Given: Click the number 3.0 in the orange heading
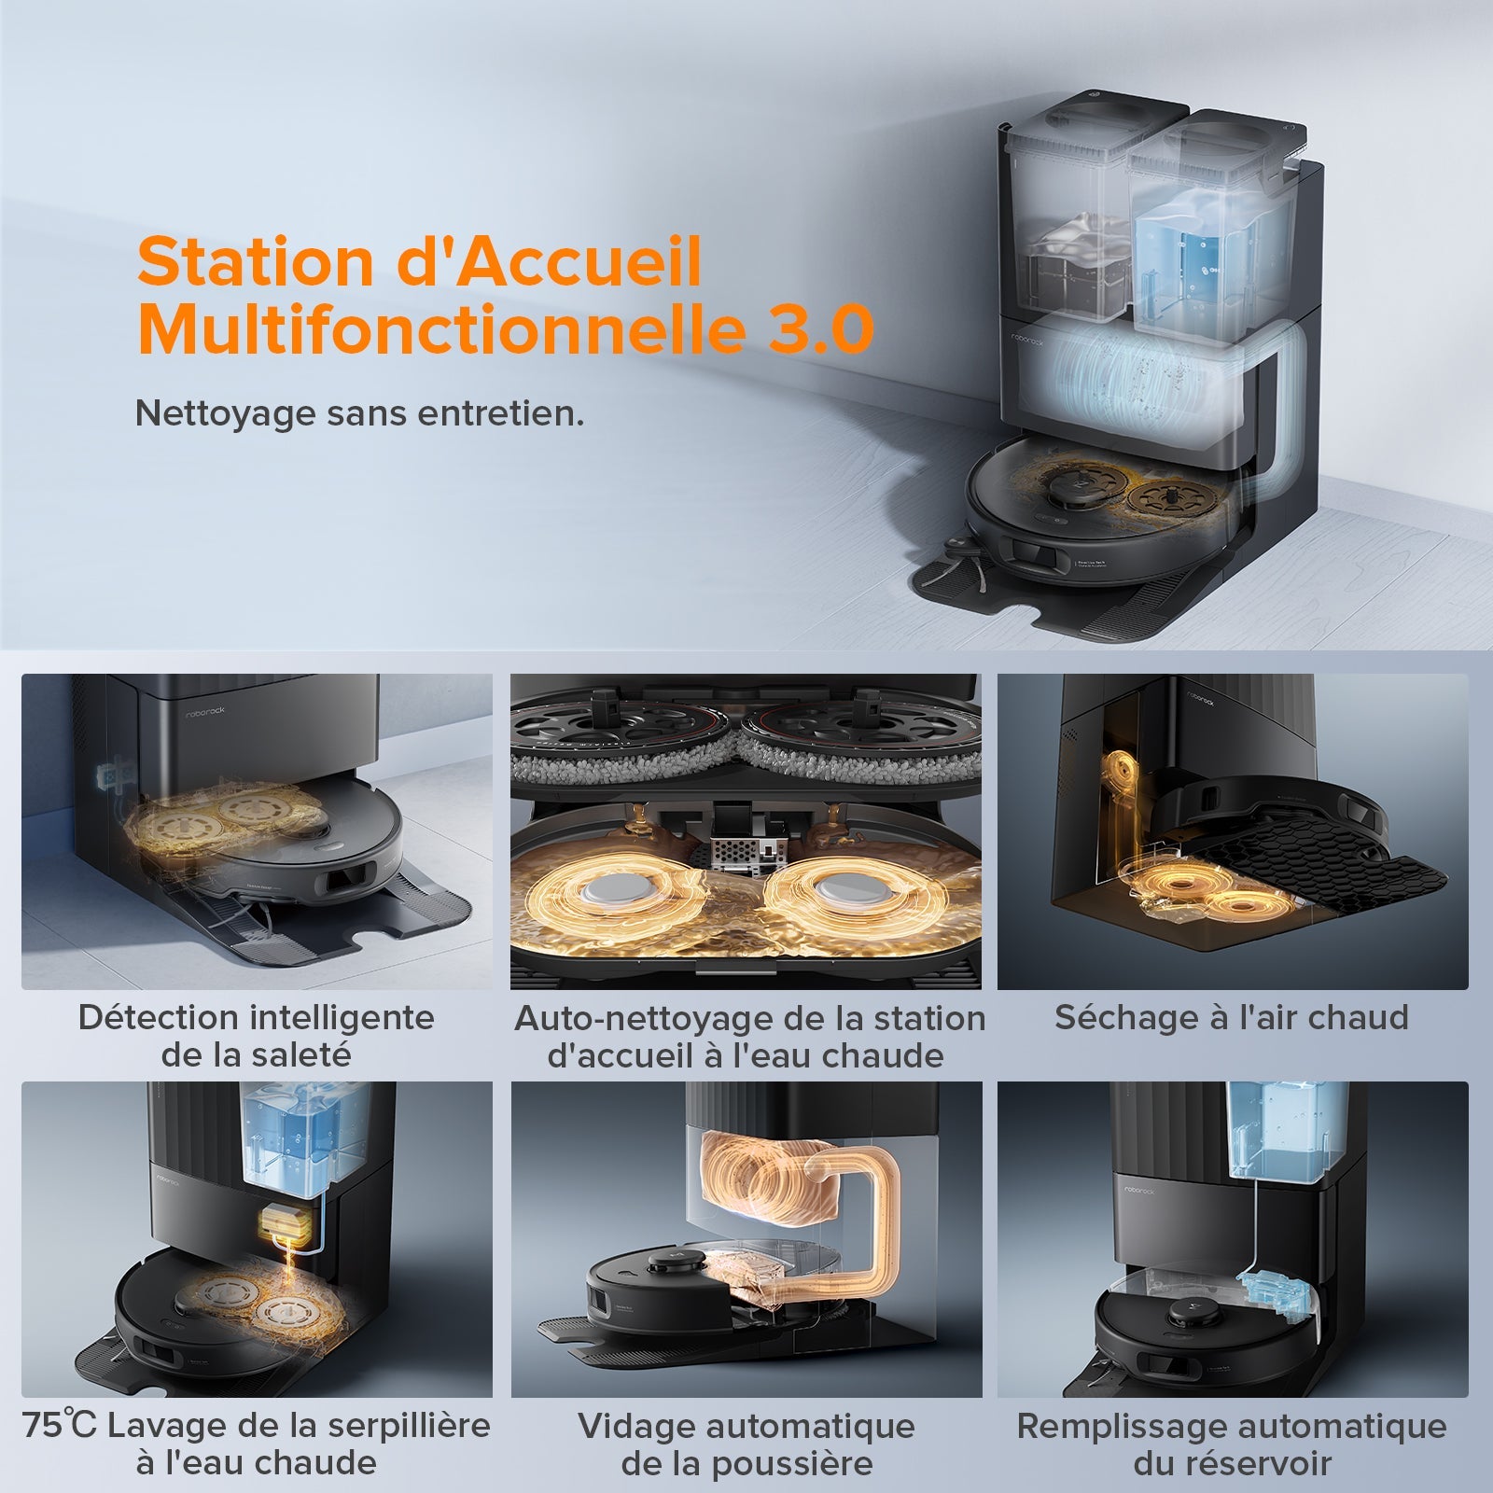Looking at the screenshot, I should (x=819, y=328).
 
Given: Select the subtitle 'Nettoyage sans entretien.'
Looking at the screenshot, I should (x=359, y=413).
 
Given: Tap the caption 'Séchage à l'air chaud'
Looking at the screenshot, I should (x=1232, y=1017).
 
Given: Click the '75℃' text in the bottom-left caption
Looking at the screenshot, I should (x=58, y=1426).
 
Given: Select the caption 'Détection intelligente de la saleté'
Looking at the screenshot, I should (x=256, y=1036).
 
